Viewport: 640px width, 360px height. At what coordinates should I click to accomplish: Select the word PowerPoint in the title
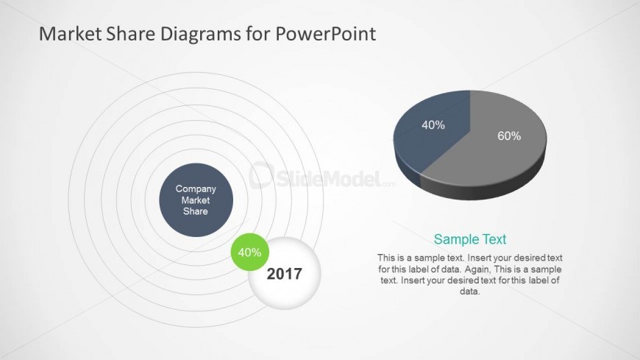pos(325,34)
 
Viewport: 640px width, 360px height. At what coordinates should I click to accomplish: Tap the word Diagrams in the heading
pos(200,35)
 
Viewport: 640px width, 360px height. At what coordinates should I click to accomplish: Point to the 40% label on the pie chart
pos(433,125)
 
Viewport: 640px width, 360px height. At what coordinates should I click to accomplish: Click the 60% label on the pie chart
pos(509,136)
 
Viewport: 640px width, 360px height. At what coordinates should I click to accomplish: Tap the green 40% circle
pos(250,252)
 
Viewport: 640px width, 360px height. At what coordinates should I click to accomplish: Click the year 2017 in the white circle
pos(285,274)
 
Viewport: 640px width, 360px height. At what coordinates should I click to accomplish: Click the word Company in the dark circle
pos(196,189)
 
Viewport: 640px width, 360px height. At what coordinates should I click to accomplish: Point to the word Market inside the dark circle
pos(196,200)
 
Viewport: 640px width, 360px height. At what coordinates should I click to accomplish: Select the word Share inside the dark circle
pos(196,211)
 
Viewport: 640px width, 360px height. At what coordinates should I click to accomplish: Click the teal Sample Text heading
pos(470,239)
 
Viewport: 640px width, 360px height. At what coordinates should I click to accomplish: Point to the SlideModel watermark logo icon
pos(261,175)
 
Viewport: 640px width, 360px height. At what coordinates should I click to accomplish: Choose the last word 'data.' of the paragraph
pos(470,292)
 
